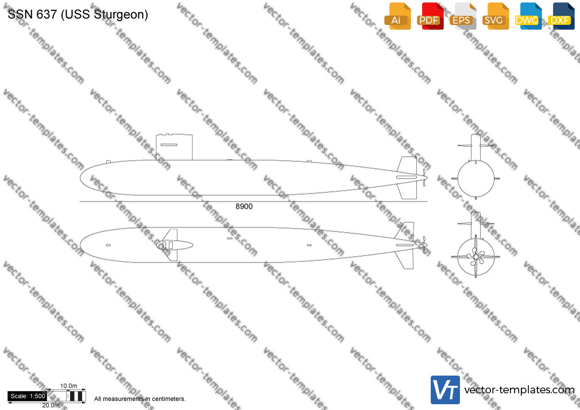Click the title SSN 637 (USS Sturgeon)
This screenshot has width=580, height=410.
click(x=78, y=14)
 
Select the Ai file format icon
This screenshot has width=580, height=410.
click(x=397, y=16)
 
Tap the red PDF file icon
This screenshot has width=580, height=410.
click(x=430, y=16)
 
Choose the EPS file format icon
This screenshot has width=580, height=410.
click(x=463, y=16)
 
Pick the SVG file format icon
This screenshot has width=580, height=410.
click(x=495, y=16)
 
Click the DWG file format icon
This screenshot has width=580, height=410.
click(x=528, y=16)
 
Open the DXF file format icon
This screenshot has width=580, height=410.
click(x=561, y=16)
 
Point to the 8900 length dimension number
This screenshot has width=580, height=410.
click(x=244, y=207)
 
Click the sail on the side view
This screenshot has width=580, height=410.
click(x=174, y=147)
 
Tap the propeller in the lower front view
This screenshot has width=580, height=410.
click(x=475, y=256)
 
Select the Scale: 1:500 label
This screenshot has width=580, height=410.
click(x=28, y=396)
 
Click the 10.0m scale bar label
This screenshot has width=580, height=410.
click(x=69, y=386)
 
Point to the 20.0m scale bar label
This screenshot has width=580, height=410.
click(x=51, y=405)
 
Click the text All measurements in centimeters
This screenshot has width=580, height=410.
click(x=140, y=399)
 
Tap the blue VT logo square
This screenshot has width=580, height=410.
click(x=446, y=390)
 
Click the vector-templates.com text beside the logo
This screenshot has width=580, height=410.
click(x=519, y=390)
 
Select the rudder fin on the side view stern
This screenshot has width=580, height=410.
click(x=407, y=177)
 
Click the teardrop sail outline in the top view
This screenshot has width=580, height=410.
click(x=175, y=245)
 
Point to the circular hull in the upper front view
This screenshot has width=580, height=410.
click(x=475, y=179)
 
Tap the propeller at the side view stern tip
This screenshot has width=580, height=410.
click(x=424, y=177)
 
